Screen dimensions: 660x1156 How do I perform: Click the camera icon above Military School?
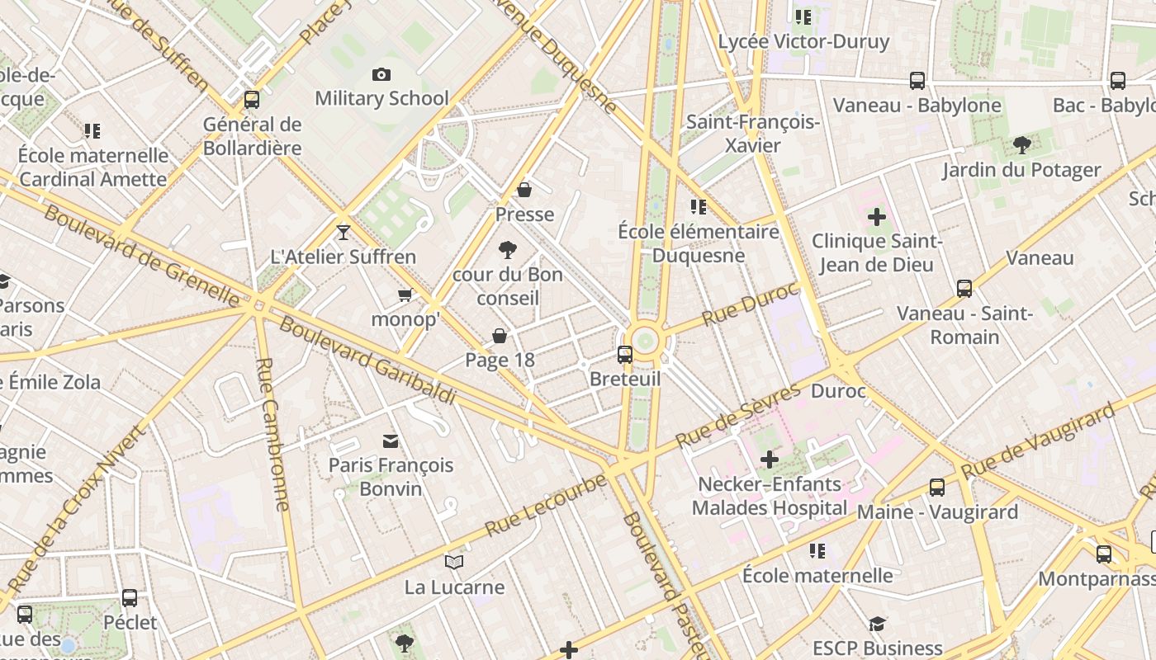[x=381, y=74]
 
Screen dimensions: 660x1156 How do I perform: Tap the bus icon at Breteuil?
[x=625, y=355]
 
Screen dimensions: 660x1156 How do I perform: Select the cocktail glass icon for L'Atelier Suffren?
[x=343, y=233]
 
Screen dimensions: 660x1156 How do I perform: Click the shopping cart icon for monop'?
[x=405, y=295]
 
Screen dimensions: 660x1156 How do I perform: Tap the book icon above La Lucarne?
[x=454, y=563]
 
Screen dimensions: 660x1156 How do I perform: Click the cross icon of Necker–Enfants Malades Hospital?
[x=770, y=460]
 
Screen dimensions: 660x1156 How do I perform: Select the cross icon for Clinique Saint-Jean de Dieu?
[x=877, y=218]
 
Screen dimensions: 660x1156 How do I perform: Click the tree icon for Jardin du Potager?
[x=1021, y=145]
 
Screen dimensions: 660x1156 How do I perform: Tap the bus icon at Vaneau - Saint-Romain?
[x=964, y=289]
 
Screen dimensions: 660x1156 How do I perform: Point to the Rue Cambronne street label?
[x=272, y=434]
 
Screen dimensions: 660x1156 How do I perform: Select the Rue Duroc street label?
[x=751, y=304]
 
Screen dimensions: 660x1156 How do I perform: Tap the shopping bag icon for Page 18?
[x=500, y=336]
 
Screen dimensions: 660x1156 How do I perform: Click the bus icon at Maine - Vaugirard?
[x=937, y=488]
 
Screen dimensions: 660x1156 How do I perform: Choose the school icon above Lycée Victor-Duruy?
[x=803, y=16]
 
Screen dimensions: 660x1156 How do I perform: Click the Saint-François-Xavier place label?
[x=753, y=134]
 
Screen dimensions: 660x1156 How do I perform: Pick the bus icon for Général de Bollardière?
[x=252, y=100]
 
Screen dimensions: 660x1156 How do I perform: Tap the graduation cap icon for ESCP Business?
[x=877, y=625]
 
